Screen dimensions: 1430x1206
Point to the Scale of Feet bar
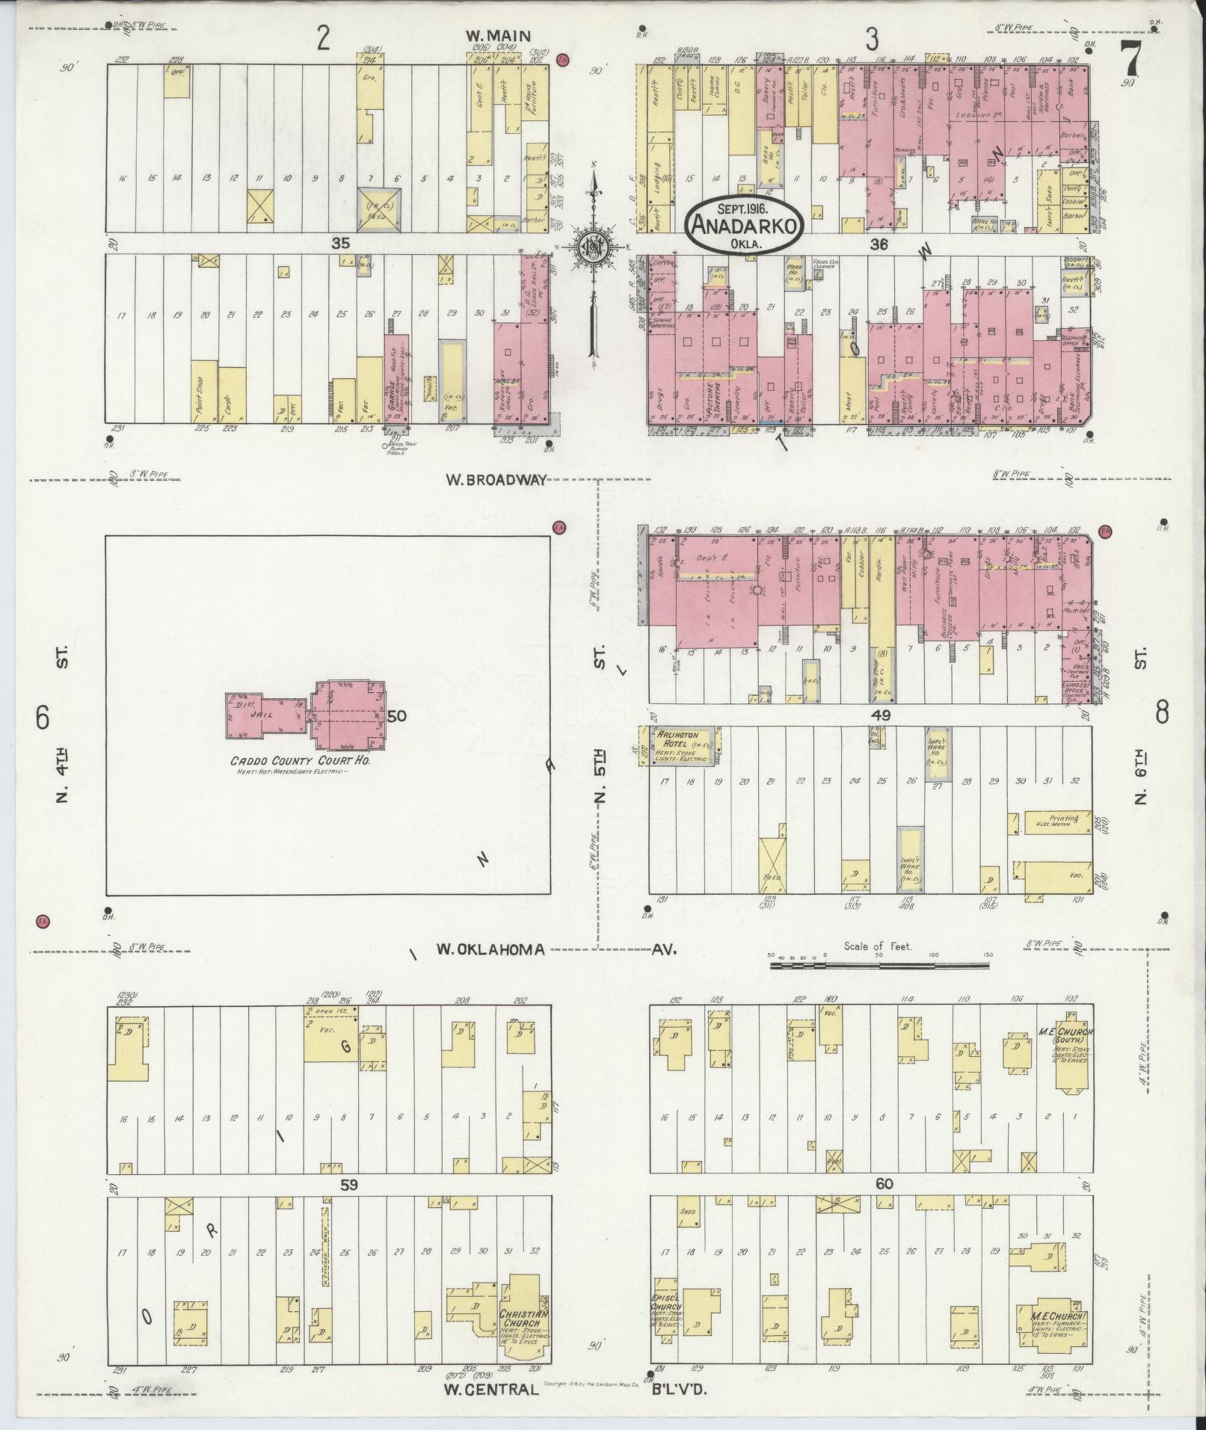[x=879, y=966]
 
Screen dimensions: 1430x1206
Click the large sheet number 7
[x=1130, y=58]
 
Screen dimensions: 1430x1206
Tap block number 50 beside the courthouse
[x=396, y=716]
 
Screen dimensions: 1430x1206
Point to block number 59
[x=348, y=1184]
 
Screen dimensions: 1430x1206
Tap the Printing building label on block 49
[x=1064, y=819]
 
